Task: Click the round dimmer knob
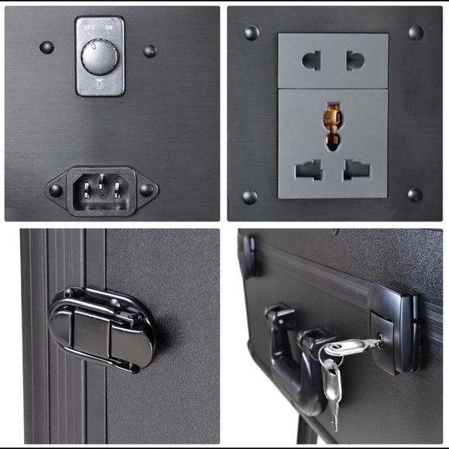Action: (99, 57)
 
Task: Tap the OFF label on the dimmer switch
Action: (89, 28)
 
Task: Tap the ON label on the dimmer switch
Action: (108, 28)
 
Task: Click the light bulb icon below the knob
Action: (100, 84)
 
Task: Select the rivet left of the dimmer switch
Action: (46, 47)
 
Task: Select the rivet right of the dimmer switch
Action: (150, 51)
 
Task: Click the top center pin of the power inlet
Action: (101, 181)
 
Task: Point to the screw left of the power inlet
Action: (56, 190)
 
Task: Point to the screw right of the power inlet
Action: (147, 190)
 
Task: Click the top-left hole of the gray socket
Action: (311, 60)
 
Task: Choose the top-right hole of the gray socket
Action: (355, 60)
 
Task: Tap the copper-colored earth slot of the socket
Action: (332, 126)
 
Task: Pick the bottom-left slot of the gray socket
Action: (309, 170)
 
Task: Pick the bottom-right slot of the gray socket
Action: (357, 170)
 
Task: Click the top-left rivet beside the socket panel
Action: (252, 33)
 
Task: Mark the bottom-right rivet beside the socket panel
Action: (415, 195)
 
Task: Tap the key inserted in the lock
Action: (353, 347)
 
